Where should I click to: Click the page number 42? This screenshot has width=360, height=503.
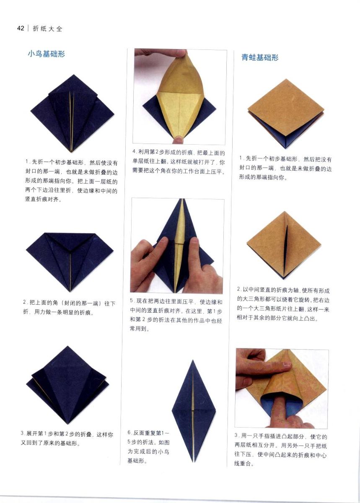(21, 29)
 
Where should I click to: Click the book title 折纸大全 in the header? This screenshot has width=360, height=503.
(47, 29)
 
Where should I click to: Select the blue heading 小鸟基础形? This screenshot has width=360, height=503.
(47, 54)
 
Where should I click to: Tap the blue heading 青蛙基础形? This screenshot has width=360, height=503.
(260, 58)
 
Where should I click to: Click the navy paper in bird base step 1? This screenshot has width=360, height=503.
(73, 114)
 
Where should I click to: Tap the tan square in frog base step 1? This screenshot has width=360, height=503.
(286, 114)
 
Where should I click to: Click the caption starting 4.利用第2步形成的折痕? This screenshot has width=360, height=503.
(178, 162)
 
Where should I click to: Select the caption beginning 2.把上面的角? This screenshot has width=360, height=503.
(70, 308)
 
